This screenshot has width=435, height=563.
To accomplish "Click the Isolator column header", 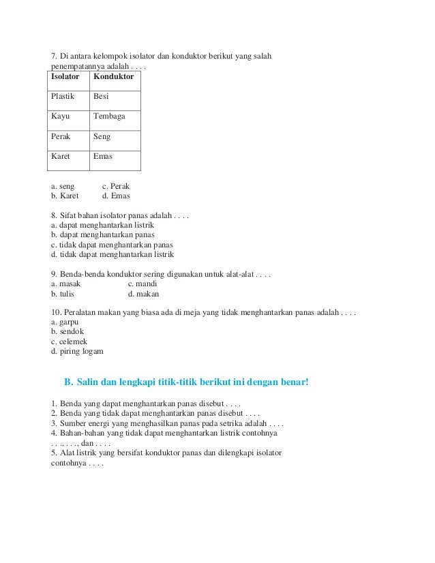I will pyautogui.click(x=65, y=77).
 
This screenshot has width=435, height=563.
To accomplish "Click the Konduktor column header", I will pyautogui.click(x=113, y=77).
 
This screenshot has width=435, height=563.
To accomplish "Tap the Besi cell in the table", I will pyautogui.click(x=101, y=97).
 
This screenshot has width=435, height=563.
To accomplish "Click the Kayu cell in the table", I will pyautogui.click(x=60, y=117).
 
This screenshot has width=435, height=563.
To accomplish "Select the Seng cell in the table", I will pyautogui.click(x=102, y=136).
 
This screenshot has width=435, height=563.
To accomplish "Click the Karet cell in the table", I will pyautogui.click(x=61, y=156).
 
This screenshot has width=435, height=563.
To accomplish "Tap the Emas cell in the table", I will pyautogui.click(x=103, y=156).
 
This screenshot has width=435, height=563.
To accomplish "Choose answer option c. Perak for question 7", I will pyautogui.click(x=116, y=185).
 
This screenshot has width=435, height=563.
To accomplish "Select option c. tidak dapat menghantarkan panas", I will pyautogui.click(x=112, y=245).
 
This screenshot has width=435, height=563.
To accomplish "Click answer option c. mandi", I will pyautogui.click(x=142, y=284).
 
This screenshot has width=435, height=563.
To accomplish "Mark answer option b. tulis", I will pyautogui.click(x=63, y=294).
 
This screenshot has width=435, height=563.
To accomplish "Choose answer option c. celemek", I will pyautogui.click(x=69, y=341).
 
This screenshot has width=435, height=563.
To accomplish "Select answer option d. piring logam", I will pyautogui.click(x=77, y=352).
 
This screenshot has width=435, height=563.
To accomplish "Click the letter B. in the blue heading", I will pyautogui.click(x=67, y=381).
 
